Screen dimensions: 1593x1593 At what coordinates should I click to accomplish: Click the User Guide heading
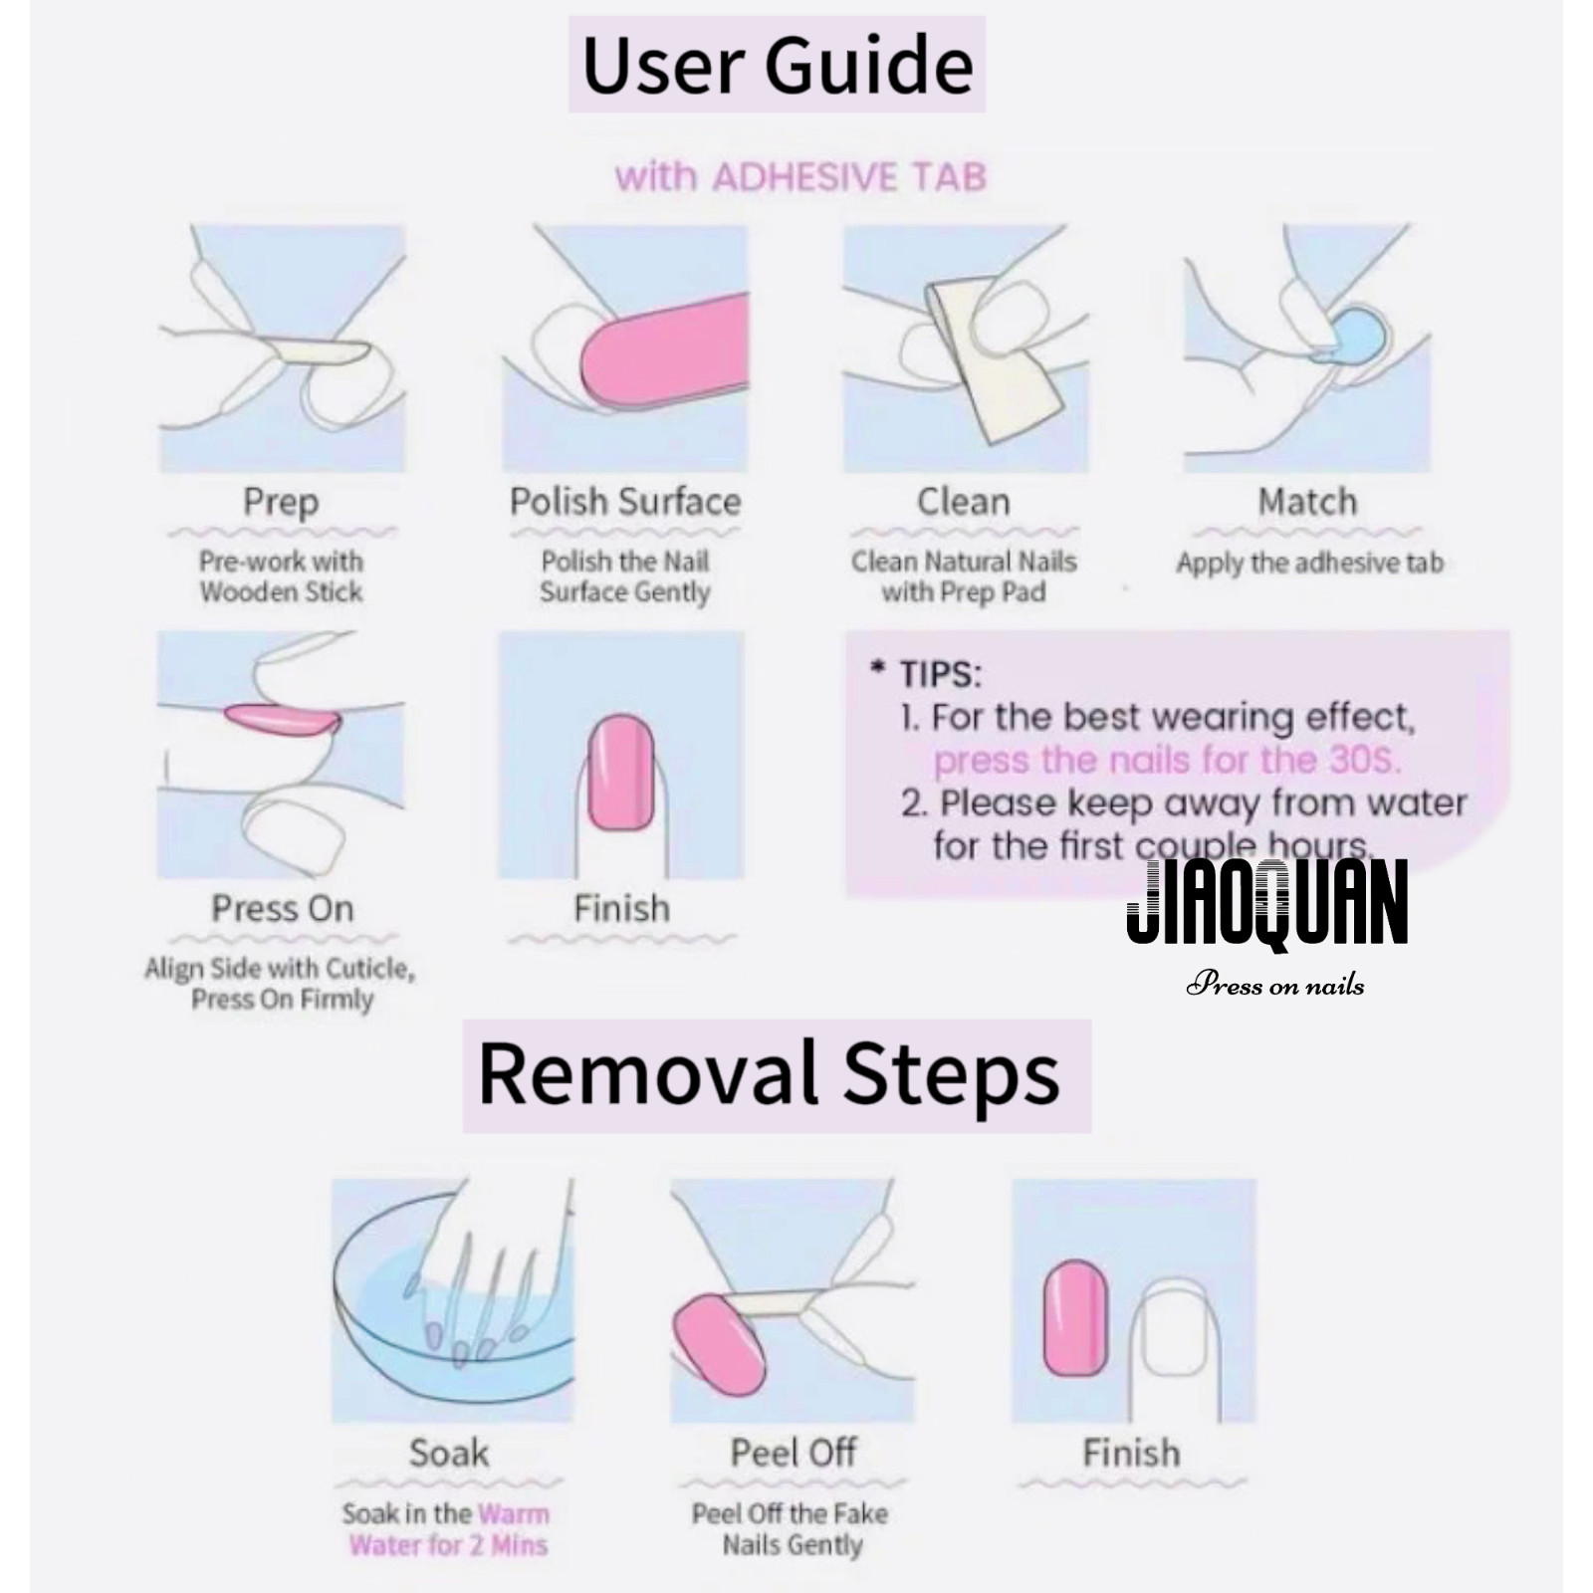point(777,65)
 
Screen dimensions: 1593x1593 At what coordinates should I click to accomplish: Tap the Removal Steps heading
point(769,1075)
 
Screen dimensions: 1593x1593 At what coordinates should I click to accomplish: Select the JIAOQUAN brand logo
point(1266,902)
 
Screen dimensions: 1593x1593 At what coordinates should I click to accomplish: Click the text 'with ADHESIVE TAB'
point(800,177)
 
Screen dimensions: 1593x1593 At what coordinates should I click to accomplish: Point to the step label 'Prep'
point(281,503)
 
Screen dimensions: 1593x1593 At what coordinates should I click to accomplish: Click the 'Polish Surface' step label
point(625,501)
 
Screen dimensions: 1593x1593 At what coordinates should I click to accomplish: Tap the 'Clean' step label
point(963,501)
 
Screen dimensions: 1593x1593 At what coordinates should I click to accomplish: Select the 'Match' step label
point(1307,501)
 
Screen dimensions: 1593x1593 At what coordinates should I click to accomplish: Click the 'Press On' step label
point(283,908)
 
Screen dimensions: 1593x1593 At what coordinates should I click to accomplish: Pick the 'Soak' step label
point(449,1453)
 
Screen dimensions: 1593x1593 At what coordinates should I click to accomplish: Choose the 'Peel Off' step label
point(794,1453)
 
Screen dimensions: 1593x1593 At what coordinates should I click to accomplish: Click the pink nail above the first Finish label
point(620,773)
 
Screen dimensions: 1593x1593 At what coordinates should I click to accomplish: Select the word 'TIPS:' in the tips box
point(940,675)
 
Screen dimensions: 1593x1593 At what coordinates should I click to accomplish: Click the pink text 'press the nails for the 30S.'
point(1167,761)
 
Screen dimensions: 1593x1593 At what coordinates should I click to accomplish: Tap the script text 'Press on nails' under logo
point(1274,986)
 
